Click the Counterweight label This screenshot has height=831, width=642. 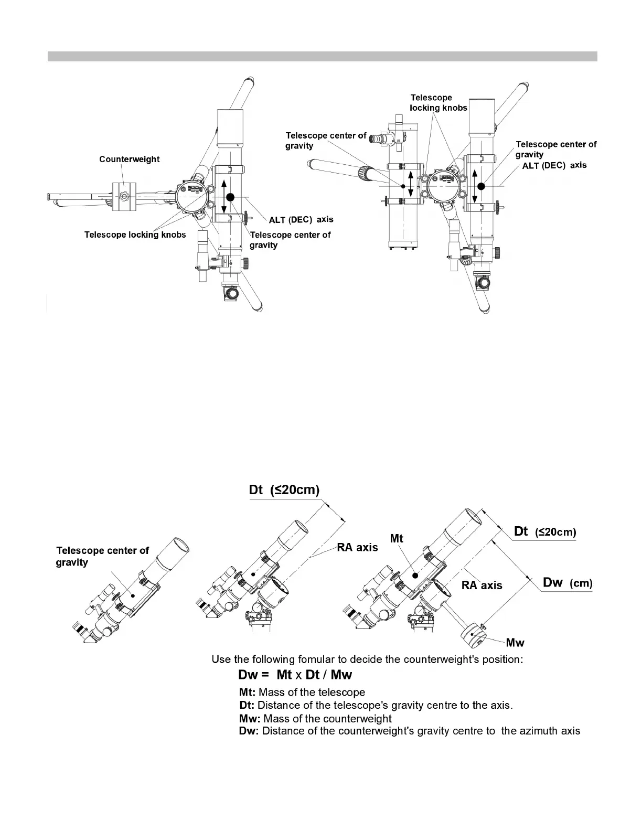pos(129,159)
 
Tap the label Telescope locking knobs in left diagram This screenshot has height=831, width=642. pos(135,235)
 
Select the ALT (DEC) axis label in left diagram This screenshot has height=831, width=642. pos(301,219)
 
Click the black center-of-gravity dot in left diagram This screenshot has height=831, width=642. pos(230,197)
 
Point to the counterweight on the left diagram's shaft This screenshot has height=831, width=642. pos(124,197)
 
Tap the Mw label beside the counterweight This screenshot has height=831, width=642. pos(515,643)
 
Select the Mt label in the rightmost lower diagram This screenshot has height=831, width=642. pos(397,538)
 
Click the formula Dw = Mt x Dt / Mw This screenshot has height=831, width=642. pos(295,675)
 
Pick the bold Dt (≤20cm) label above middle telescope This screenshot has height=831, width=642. pos(284,490)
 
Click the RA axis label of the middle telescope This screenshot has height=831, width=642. pos(357,548)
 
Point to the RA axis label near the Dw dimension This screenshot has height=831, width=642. pos(481,585)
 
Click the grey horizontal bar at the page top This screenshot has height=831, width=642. pos(322,56)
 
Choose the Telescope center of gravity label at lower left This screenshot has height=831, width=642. pos(102,556)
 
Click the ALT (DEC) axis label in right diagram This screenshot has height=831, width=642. pos(554,165)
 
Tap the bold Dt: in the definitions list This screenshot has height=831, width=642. pos(247,705)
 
